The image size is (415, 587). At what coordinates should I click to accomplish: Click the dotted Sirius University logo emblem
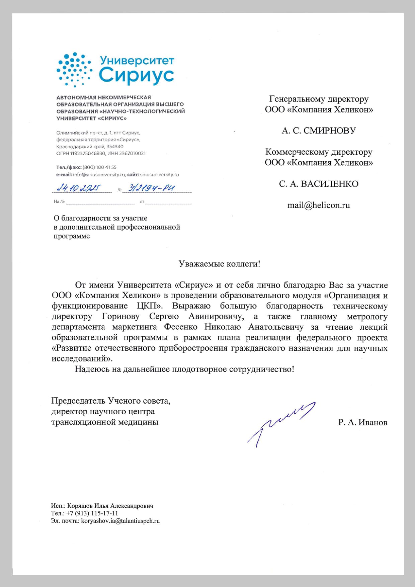[74, 69]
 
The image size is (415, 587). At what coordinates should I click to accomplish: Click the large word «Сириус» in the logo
[136, 75]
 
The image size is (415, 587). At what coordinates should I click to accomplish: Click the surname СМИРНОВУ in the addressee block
[329, 131]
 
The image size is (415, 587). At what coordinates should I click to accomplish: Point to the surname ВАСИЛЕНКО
[329, 184]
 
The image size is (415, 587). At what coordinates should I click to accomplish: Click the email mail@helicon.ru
[319, 205]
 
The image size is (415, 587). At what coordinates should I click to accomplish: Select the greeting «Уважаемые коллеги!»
[219, 264]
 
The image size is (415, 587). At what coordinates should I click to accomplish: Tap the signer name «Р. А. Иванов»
[362, 422]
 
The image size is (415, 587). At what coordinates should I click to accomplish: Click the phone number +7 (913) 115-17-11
[92, 513]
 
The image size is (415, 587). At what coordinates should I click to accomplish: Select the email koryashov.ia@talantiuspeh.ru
[120, 521]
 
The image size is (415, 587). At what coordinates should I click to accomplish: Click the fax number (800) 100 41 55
[99, 167]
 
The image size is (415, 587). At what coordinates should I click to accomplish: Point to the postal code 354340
[115, 147]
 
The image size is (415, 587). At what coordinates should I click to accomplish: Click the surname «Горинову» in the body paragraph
[120, 316]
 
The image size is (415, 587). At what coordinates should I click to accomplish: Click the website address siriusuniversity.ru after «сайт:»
[159, 175]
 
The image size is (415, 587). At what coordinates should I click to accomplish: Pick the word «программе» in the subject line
[72, 236]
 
